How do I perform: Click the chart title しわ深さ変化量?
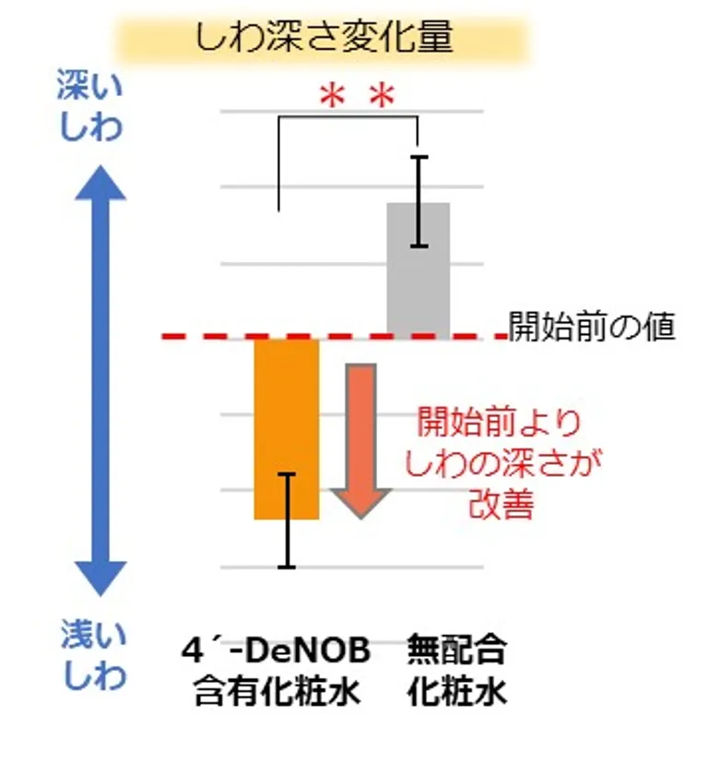[x=325, y=37]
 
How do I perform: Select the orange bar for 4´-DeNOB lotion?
[x=287, y=429]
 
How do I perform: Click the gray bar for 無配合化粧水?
[x=418, y=270]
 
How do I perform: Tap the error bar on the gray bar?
[x=419, y=201]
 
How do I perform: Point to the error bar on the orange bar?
[x=287, y=520]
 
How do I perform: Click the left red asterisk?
[x=332, y=96]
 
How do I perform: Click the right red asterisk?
[x=383, y=96]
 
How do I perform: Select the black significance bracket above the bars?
[x=349, y=117]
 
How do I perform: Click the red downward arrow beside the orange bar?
[x=361, y=441]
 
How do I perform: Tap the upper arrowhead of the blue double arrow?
[x=100, y=183]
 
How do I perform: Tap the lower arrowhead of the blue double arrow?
[x=100, y=578]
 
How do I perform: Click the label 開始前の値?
[x=592, y=327]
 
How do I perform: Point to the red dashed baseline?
[x=335, y=337]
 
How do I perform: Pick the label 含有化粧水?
[x=277, y=691]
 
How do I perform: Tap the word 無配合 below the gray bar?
[x=457, y=650]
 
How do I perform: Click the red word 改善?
[x=501, y=504]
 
